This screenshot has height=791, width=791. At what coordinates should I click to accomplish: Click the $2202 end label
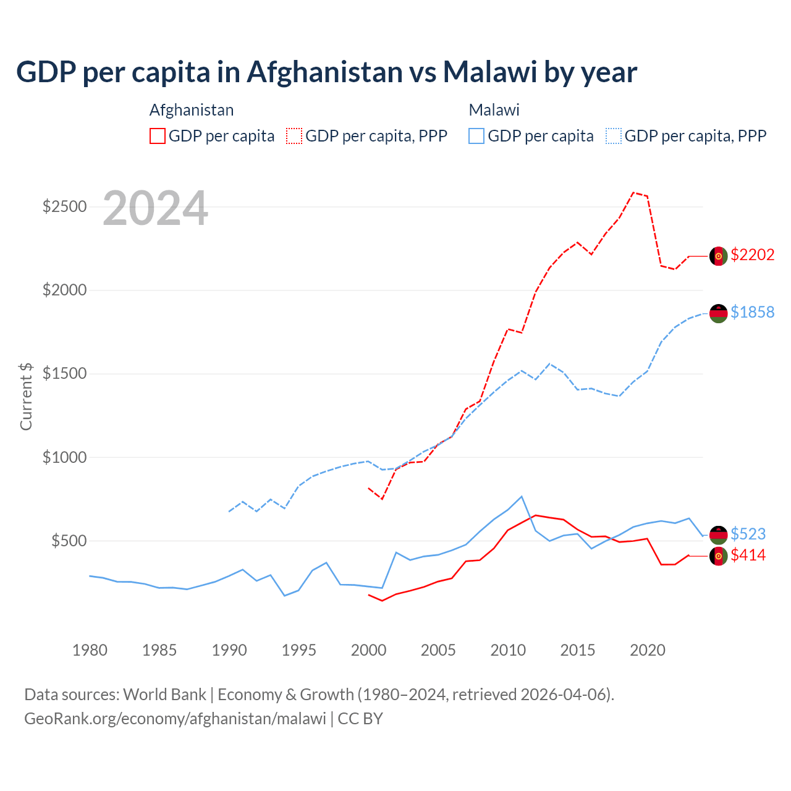tap(752, 255)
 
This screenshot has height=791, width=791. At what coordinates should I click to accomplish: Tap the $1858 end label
tap(752, 312)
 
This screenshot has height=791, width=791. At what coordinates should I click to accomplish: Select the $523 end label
tap(748, 534)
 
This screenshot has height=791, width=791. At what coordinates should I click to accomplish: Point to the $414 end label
tap(748, 555)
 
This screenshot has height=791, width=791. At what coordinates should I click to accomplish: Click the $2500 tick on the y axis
tap(64, 206)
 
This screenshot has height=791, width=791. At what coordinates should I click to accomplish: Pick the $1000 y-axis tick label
tap(64, 457)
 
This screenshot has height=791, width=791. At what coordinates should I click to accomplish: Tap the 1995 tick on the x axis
tap(298, 650)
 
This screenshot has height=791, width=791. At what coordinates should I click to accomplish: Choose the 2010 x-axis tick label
tap(508, 650)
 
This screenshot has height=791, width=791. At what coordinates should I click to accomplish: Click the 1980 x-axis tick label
tap(90, 650)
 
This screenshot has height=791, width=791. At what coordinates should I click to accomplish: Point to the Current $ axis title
tap(26, 396)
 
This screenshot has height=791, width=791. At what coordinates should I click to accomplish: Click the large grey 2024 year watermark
tap(155, 208)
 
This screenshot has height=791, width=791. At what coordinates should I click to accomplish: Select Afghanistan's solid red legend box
tap(158, 136)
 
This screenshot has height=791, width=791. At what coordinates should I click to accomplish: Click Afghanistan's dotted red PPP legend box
tap(294, 136)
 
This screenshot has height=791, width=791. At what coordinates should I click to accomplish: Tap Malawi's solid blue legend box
tap(476, 136)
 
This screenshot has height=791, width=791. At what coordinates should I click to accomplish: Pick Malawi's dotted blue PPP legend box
tap(614, 136)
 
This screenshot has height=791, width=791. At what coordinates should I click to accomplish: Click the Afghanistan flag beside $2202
tap(718, 256)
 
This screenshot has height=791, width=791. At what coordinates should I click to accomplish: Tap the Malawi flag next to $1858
tap(718, 313)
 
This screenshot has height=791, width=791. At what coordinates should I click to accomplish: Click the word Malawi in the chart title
tap(489, 72)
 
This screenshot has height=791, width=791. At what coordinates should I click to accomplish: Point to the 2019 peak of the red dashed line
tap(633, 192)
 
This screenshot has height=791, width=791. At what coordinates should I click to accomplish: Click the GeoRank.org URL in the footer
tap(175, 719)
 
